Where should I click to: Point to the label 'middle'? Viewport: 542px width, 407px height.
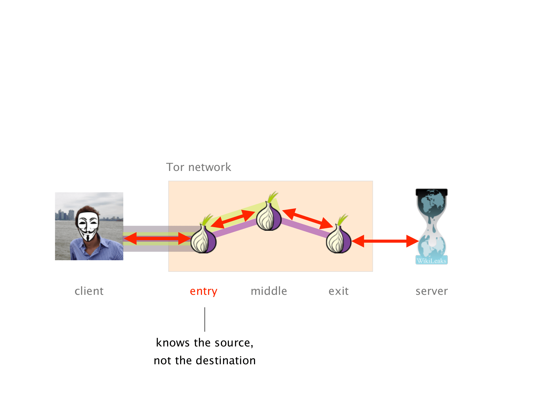(269, 291)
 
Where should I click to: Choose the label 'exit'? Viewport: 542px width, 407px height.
(339, 291)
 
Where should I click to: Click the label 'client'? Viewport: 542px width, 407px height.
(89, 291)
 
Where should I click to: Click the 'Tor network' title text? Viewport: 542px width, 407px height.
(199, 167)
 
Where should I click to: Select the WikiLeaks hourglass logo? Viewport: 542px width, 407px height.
(432, 226)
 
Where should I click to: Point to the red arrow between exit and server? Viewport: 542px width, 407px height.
(385, 241)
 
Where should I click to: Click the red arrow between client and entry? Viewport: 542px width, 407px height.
(157, 238)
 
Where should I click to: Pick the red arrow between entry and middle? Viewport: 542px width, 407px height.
(233, 219)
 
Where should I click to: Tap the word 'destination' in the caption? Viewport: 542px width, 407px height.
(226, 360)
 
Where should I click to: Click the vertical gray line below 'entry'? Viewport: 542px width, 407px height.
(205, 319)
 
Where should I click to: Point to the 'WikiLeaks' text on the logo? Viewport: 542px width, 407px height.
(432, 261)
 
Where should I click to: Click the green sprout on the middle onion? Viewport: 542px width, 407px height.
(273, 197)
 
